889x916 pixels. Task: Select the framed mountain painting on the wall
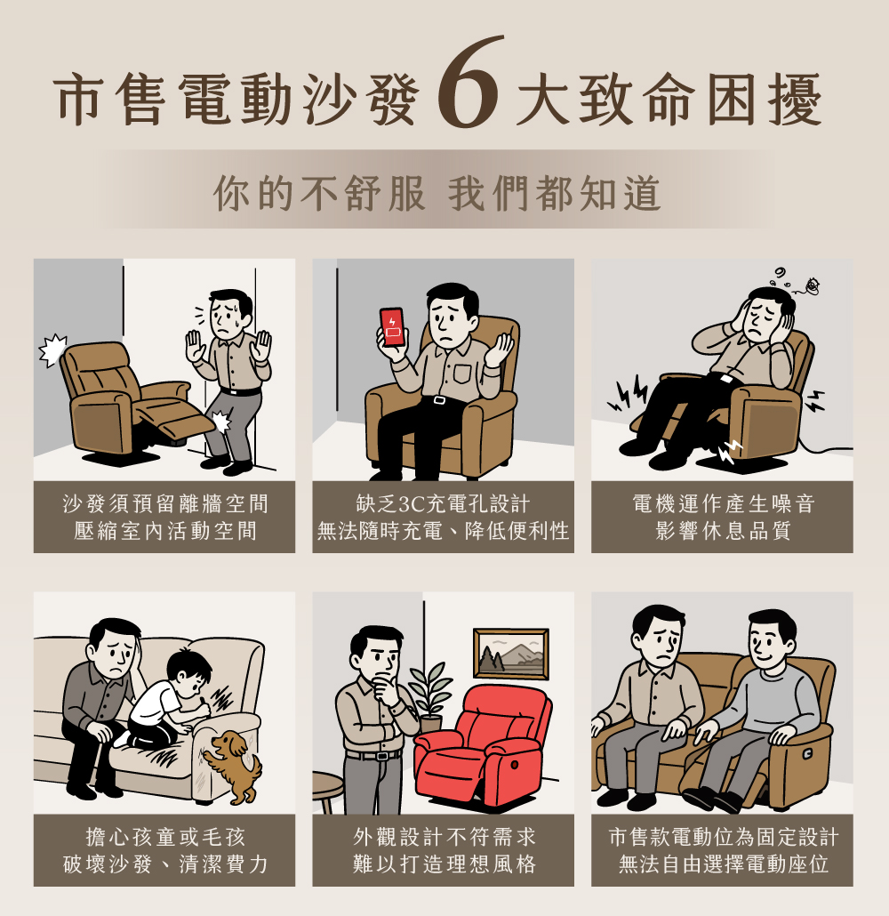point(511,654)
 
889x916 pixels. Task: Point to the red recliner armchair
point(482,745)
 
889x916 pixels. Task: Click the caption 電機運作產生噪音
point(723,503)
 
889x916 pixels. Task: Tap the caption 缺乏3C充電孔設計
point(443,503)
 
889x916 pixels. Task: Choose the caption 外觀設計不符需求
point(444,837)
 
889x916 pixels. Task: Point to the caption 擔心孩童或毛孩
point(165,837)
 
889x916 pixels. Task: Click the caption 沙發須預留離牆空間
point(165,503)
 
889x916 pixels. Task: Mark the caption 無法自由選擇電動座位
point(723,864)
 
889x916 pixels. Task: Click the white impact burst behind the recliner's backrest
point(52,350)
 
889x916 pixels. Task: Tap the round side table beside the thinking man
point(327,789)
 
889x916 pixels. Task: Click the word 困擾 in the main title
point(765,100)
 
